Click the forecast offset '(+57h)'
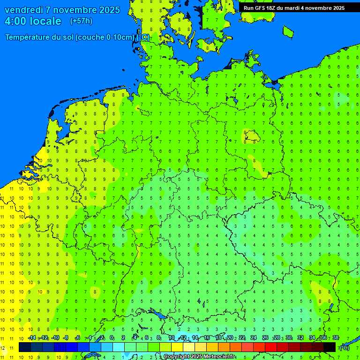(x=81, y=21)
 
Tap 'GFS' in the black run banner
(x=262, y=8)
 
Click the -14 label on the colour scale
(x=32, y=338)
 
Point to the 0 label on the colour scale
(x=112, y=338)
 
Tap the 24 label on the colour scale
(x=254, y=338)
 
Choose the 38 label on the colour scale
(x=335, y=338)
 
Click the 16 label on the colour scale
(x=206, y=338)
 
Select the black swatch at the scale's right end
(x=330, y=347)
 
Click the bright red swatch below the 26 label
(x=271, y=347)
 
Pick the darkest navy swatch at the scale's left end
(x=25, y=347)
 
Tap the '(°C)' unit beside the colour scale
(x=344, y=347)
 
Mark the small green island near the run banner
(x=288, y=31)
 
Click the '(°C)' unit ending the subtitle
(x=143, y=37)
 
